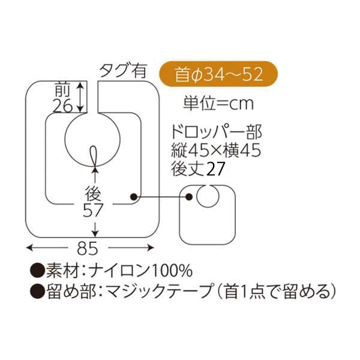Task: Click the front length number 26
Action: (62, 105)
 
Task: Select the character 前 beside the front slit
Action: (62, 89)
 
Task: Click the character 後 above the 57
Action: (93, 193)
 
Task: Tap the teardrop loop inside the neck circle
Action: (95, 155)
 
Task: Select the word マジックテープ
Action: (154, 292)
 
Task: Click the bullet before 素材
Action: (37, 269)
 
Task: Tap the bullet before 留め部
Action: (37, 292)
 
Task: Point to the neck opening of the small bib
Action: (208, 196)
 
